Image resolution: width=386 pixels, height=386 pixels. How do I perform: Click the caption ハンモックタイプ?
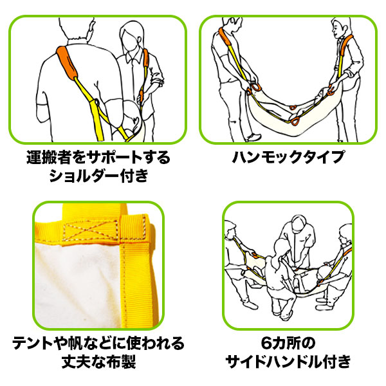288,157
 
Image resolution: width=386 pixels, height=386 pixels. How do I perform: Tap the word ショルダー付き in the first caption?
99,176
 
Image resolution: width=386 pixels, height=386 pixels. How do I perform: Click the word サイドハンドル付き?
288,362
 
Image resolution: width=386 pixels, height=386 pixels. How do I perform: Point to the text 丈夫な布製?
98,362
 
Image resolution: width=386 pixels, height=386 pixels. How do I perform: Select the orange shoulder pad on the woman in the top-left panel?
146,58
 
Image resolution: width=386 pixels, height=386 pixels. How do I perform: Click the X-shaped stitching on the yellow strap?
91,230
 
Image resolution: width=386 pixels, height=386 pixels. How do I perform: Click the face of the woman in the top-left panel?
129,41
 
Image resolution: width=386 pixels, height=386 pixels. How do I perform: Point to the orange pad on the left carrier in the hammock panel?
225,37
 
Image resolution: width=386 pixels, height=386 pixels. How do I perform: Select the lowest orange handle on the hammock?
295,122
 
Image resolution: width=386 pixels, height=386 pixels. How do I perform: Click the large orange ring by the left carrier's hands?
256,87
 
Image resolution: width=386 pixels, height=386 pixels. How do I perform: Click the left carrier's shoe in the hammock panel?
253,138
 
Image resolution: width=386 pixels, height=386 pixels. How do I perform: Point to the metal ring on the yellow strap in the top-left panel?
96,102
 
